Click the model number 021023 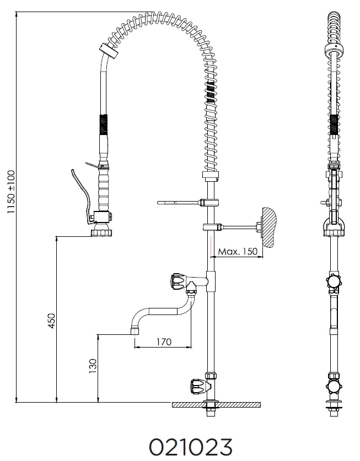pos(191,447)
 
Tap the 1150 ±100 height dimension pos(11,192)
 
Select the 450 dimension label pos(51,321)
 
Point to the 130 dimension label pos(93,366)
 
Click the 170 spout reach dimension pos(164,341)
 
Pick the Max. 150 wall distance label pos(238,251)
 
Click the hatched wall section pos(270,227)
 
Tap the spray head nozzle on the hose pos(102,229)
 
